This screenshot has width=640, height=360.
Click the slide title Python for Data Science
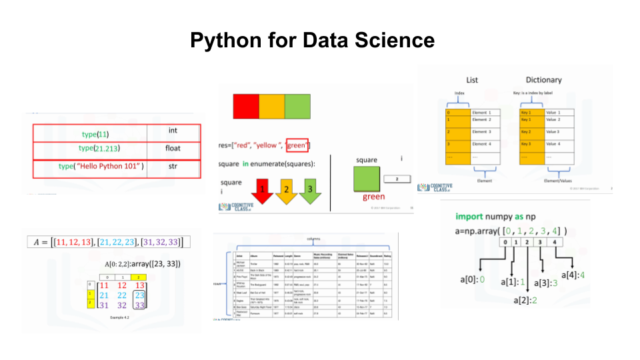(312, 41)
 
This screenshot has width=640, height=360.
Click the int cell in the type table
(172, 131)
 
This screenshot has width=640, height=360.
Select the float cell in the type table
(172, 148)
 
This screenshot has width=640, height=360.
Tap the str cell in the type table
(172, 165)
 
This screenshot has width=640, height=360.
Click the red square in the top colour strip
(245, 107)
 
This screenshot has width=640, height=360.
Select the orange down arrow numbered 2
(287, 190)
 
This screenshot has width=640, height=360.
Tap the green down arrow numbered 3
(311, 190)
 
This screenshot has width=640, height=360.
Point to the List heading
(473, 81)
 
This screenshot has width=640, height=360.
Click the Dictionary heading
(543, 81)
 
